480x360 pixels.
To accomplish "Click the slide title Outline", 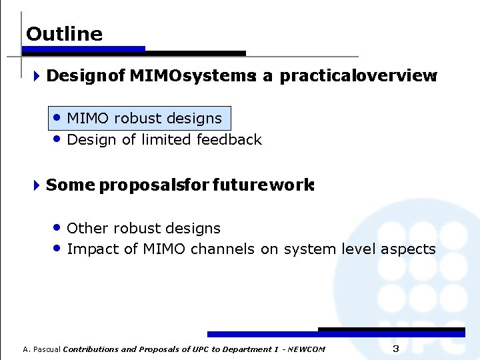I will [64, 34].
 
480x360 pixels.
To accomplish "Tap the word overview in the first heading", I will [398, 76].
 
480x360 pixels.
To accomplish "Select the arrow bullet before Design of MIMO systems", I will [36, 76].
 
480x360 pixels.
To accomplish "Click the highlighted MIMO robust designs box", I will [142, 119].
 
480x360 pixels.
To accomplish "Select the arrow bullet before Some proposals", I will [36, 185].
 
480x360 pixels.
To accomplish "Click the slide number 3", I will [395, 349].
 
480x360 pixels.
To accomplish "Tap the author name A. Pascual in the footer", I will [41, 349].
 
